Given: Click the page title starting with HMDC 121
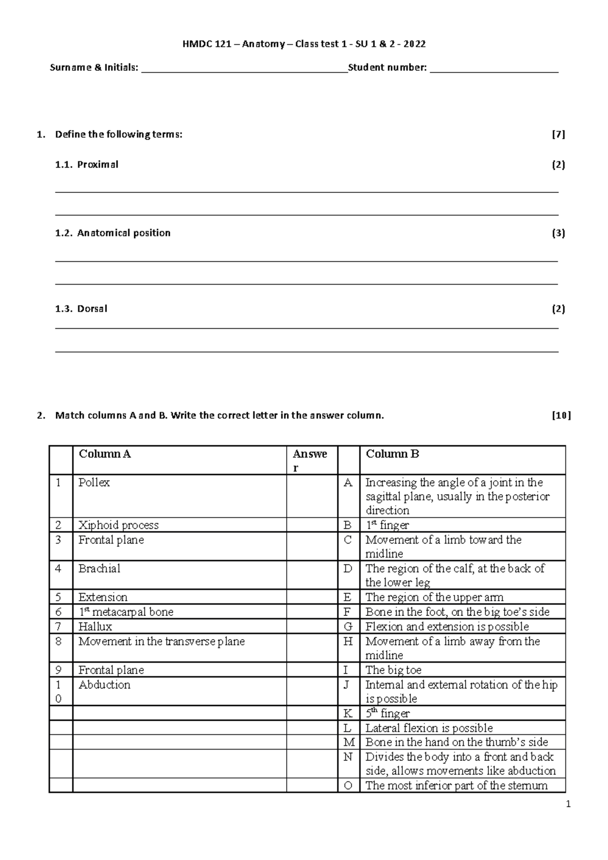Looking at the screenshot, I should point(304,44).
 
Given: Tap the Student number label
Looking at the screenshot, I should point(387,67).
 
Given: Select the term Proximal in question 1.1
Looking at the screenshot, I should point(97,165).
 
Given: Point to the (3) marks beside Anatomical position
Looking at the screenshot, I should point(558,233).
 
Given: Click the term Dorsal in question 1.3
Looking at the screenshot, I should point(92,309).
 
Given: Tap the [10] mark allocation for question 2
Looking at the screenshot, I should point(561,416).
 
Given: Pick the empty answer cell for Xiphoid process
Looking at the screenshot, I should point(312,525).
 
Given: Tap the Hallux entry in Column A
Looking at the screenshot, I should point(95,627).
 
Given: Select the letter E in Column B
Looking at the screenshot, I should point(348,598).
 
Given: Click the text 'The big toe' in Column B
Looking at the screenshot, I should point(393,671).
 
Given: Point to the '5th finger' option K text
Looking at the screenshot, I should point(388,714).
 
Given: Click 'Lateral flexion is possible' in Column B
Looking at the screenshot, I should point(429,728).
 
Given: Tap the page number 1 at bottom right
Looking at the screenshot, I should point(568,804).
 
